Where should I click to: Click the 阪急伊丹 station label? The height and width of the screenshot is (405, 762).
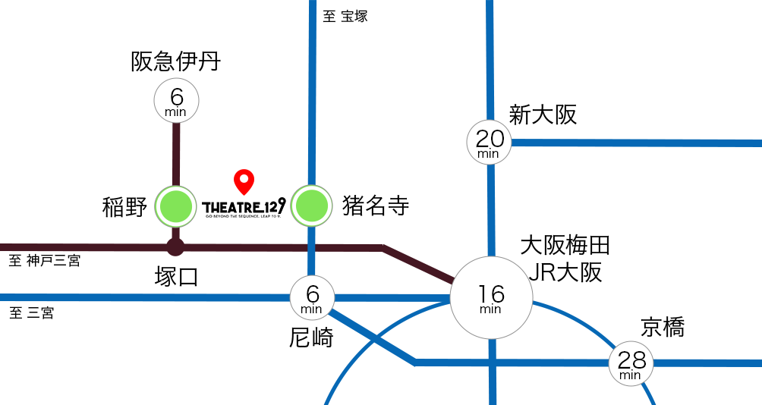click(x=175, y=61)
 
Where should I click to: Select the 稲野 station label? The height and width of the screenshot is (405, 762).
click(x=125, y=206)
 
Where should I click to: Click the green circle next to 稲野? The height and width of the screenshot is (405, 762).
click(x=176, y=206)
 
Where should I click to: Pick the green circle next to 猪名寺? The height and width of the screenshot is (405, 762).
click(x=311, y=206)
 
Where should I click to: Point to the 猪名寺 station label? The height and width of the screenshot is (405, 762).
click(x=376, y=206)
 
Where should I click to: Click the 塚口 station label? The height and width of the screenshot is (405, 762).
click(x=176, y=277)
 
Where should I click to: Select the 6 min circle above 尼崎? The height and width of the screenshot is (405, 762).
click(x=312, y=297)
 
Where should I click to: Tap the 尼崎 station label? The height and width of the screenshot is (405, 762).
click(x=311, y=337)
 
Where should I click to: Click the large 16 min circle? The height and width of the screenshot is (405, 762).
click(x=491, y=297)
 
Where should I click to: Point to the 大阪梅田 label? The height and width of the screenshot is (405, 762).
click(x=565, y=246)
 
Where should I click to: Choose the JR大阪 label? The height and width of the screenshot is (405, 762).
click(x=565, y=272)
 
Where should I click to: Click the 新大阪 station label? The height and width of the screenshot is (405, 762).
click(x=543, y=115)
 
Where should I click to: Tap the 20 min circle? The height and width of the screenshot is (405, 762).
click(x=489, y=142)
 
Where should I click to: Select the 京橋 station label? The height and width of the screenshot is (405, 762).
click(x=663, y=328)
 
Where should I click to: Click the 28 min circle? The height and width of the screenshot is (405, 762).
click(x=631, y=363)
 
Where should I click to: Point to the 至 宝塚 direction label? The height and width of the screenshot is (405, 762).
click(x=345, y=17)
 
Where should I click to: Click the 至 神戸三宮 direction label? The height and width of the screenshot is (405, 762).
click(x=45, y=261)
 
